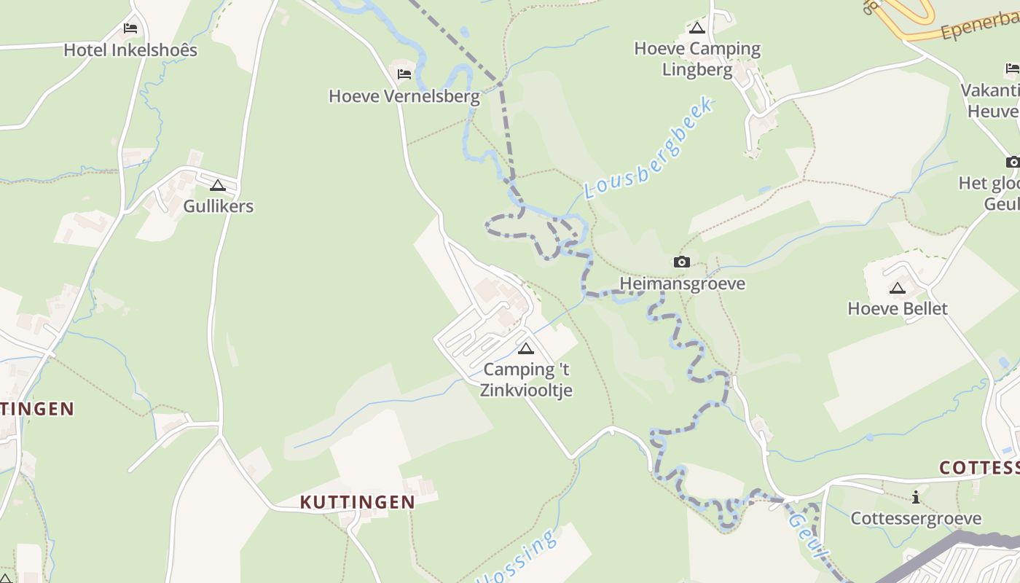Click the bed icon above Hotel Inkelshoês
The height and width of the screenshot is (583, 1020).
(130, 28)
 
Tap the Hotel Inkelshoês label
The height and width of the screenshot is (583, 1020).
(130, 50)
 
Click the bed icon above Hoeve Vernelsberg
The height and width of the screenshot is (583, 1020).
(404, 74)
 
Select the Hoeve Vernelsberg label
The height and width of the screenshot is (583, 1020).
(404, 96)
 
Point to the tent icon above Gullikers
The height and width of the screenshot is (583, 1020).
(218, 185)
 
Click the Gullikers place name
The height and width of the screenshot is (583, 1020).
(218, 206)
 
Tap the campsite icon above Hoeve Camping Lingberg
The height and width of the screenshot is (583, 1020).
(697, 28)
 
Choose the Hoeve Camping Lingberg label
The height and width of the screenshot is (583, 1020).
(697, 59)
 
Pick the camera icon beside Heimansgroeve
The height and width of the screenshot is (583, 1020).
(682, 262)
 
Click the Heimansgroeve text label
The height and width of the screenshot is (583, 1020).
(682, 283)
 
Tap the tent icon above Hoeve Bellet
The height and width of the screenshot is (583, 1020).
(898, 288)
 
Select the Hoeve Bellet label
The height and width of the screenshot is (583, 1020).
(898, 309)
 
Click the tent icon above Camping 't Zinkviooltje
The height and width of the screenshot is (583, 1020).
(525, 348)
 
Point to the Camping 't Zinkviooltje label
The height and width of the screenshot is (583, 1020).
(526, 380)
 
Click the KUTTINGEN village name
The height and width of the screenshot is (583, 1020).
(358, 502)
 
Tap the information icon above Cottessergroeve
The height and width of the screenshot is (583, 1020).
(916, 498)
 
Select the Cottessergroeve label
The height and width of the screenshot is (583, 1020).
(916, 519)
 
